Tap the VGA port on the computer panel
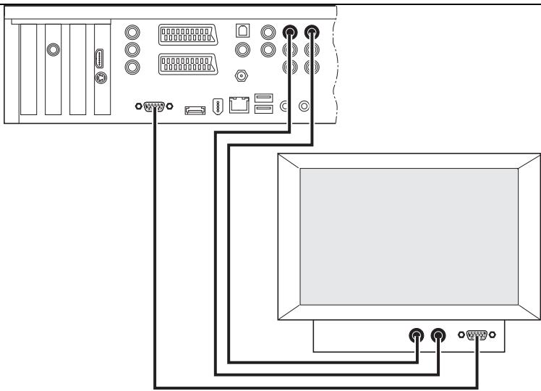click(154, 107)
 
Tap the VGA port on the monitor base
click(476, 335)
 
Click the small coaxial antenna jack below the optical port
click(242, 75)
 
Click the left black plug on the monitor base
click(417, 335)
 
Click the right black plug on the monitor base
click(438, 335)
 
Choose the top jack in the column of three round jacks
click(132, 33)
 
